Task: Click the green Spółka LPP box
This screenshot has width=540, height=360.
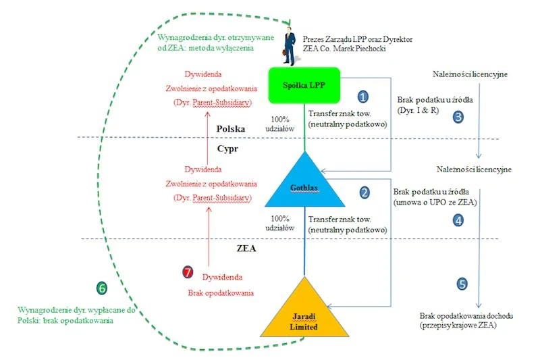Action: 304,85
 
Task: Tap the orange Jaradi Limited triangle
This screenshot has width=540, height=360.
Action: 304,312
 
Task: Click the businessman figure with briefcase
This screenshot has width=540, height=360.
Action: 290,46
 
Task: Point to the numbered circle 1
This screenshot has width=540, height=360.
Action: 362,97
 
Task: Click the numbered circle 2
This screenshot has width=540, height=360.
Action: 364,192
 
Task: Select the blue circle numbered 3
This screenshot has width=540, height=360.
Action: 458,117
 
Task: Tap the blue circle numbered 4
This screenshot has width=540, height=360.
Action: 458,220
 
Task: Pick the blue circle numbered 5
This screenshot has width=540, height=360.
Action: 462,284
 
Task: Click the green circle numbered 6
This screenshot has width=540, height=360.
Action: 102,288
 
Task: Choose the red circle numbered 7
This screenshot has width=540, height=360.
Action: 188,272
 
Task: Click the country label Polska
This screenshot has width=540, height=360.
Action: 231,129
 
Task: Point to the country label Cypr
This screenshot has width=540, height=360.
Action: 227,149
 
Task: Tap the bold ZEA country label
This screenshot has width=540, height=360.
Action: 246,249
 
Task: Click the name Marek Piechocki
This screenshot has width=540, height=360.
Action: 360,49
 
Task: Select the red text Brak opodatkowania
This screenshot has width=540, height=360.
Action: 221,293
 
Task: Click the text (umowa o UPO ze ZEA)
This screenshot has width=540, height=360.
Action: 435,202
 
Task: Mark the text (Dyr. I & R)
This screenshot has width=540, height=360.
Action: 418,110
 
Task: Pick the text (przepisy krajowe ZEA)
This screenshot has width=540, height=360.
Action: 458,325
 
